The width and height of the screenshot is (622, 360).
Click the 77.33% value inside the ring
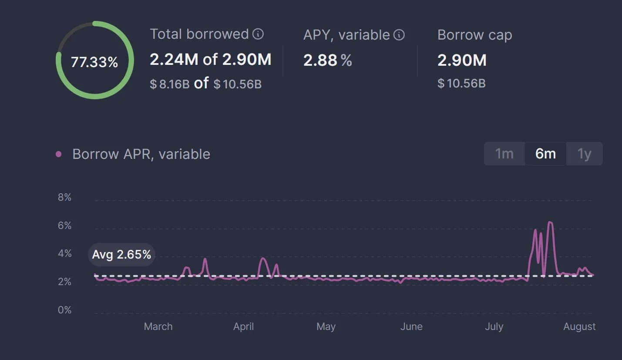coord(94,62)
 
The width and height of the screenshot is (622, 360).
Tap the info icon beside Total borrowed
coord(258,34)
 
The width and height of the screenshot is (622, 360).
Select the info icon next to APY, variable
coord(399,35)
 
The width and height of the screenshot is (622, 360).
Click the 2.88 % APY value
coord(327,61)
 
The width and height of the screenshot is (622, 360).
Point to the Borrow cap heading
coord(474,35)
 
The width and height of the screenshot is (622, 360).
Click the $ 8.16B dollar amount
coord(169,84)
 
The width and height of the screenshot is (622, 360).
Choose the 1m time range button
coord(504,154)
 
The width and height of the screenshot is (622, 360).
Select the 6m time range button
coord(545,154)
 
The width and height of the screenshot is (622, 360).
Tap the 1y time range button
coord(584,154)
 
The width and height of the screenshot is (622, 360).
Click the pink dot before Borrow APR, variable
coord(59,154)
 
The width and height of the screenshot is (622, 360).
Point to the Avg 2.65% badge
coord(121,255)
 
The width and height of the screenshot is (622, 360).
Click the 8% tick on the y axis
coord(64,198)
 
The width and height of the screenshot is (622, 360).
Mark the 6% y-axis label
coord(64,225)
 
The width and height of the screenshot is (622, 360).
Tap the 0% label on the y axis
coord(64,310)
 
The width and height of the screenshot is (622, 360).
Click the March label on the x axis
coord(158,326)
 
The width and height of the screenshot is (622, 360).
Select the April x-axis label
coord(243,326)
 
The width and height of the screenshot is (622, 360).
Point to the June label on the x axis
coord(411,326)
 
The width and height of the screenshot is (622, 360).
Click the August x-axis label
coord(579,326)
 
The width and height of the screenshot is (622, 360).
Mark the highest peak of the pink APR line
coord(550,222)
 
